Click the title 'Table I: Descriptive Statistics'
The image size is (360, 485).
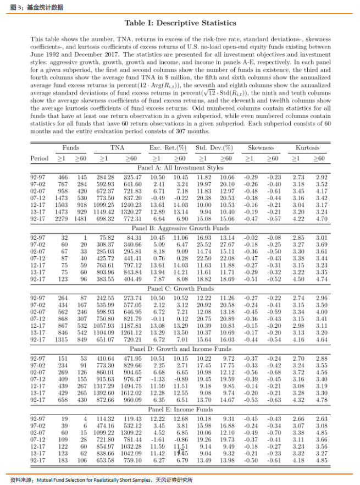(180, 23)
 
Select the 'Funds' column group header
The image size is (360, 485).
(70, 133)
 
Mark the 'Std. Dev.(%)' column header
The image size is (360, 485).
(214, 133)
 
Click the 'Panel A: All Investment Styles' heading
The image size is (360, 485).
(180, 152)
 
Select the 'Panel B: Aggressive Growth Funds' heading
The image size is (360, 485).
(180, 227)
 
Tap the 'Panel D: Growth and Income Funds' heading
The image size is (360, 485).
(180, 349)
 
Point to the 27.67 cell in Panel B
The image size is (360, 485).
(226, 244)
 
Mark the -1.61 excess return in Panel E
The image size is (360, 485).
(157, 440)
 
